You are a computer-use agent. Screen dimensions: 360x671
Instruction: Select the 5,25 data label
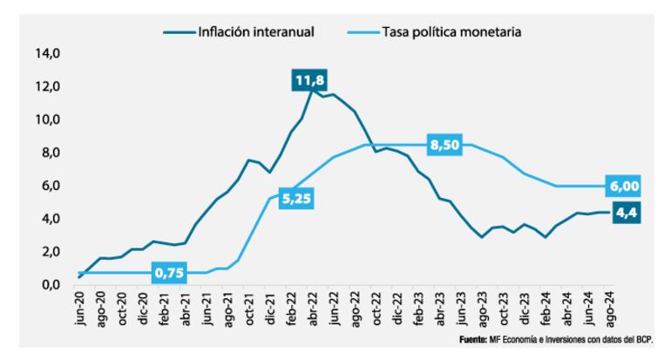(294, 199)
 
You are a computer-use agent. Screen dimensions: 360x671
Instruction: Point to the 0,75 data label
(168, 272)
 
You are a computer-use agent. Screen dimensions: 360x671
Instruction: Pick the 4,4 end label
(624, 212)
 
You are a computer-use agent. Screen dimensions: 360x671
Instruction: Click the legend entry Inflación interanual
(255, 32)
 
